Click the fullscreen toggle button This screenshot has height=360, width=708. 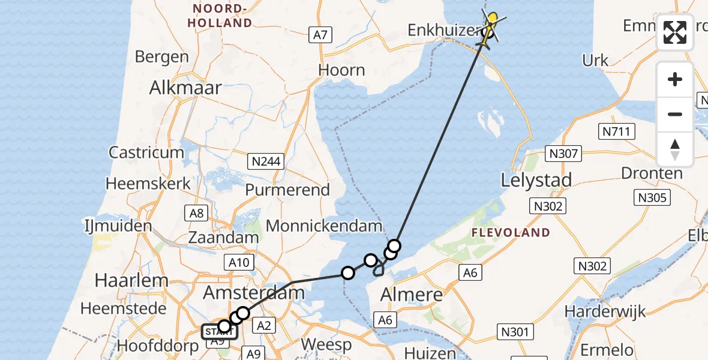[x=675, y=32]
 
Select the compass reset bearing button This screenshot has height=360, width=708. [x=675, y=149]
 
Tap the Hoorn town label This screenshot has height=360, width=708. [x=341, y=70]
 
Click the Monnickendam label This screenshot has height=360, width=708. [x=324, y=226]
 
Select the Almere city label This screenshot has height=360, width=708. [x=412, y=295]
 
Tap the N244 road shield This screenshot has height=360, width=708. [x=265, y=161]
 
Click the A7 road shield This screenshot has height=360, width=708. [x=321, y=35]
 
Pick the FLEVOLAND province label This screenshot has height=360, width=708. [x=511, y=232]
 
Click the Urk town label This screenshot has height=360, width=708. [x=595, y=61]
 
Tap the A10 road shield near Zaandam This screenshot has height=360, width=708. [x=239, y=262]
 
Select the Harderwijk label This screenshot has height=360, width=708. [x=605, y=311]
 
